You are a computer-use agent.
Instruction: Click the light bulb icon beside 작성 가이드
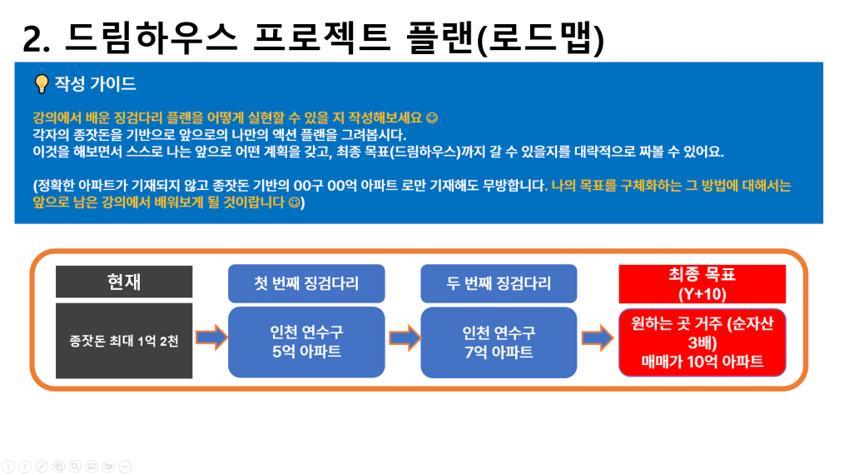(42, 84)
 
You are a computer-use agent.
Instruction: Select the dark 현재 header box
(124, 282)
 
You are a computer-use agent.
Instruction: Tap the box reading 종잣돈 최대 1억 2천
(124, 341)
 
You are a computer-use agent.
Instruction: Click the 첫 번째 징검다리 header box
(306, 283)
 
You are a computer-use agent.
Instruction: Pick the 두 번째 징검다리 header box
(499, 283)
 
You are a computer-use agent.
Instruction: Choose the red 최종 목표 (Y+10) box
(702, 284)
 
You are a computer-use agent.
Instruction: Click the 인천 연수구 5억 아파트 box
(306, 342)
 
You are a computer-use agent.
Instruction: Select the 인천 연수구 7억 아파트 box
(499, 342)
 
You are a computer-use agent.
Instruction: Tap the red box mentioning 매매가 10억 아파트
(702, 342)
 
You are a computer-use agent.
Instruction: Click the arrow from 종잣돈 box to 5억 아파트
(211, 337)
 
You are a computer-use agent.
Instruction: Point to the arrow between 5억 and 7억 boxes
(405, 338)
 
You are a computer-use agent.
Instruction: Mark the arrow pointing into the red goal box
(598, 338)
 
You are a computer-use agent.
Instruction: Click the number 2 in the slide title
(32, 39)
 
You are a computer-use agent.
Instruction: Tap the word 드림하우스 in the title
(151, 37)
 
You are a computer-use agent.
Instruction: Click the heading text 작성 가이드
(95, 84)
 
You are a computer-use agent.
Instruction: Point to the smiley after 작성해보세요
(432, 117)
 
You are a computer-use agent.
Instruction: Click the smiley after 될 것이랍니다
(294, 202)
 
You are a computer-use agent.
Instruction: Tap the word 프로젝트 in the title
(321, 37)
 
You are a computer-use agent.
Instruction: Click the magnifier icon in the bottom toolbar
(75, 467)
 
